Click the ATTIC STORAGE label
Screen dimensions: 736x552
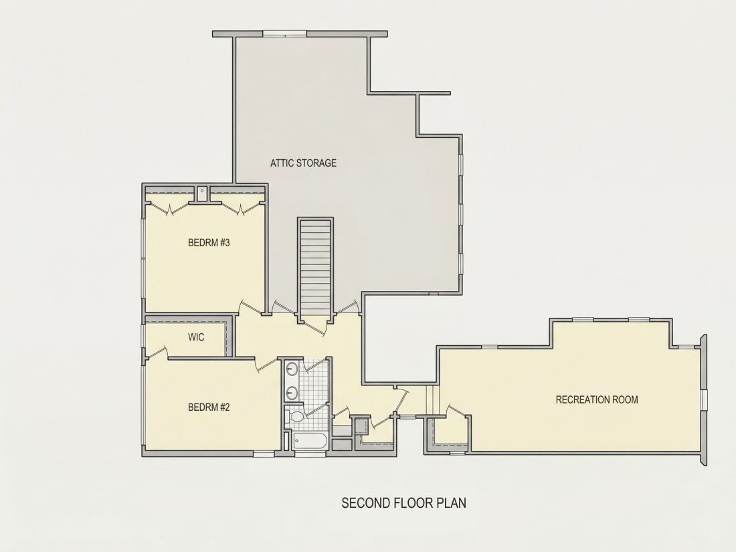[303, 163]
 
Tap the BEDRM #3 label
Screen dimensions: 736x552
[209, 243]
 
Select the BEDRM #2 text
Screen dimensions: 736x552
[209, 407]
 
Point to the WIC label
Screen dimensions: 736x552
[196, 337]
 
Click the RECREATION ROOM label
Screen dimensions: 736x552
[597, 399]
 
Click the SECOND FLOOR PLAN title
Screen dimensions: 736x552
[403, 502]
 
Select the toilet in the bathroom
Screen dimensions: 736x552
[296, 416]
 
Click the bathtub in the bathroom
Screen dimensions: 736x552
[309, 441]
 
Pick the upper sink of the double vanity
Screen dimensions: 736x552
[292, 369]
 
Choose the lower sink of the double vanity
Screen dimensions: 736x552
[292, 392]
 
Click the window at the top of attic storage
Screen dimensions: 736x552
[284, 34]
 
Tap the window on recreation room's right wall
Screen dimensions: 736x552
[704, 400]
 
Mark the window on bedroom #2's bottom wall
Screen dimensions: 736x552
[264, 454]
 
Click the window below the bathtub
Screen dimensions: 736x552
[309, 454]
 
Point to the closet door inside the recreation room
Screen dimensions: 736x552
[457, 410]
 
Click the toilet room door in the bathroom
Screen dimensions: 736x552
[318, 409]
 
